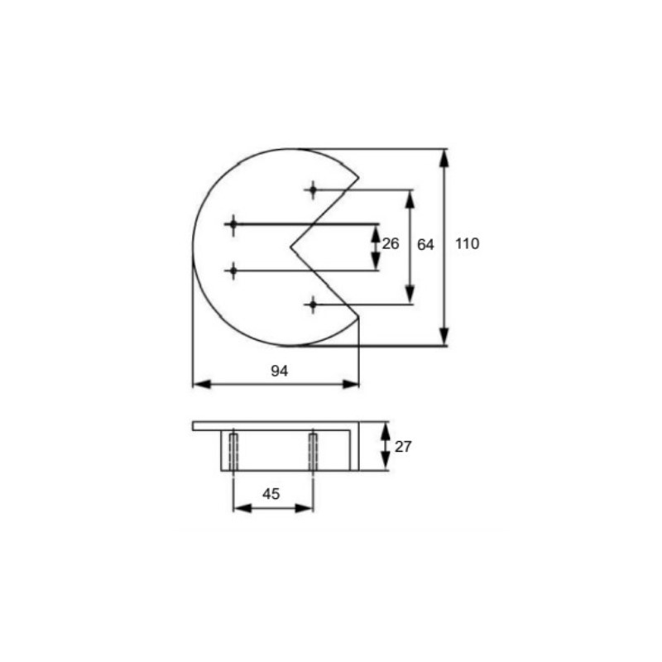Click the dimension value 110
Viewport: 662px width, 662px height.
467,243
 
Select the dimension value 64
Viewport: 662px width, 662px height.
425,244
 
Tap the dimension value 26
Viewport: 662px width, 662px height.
391,243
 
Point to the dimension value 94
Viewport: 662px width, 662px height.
280,371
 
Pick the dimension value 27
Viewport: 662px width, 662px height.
403,446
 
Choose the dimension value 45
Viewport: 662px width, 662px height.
271,493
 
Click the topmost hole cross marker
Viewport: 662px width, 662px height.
313,189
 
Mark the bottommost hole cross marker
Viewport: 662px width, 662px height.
313,304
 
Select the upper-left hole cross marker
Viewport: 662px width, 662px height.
233,224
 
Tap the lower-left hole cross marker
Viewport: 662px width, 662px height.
233,271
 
